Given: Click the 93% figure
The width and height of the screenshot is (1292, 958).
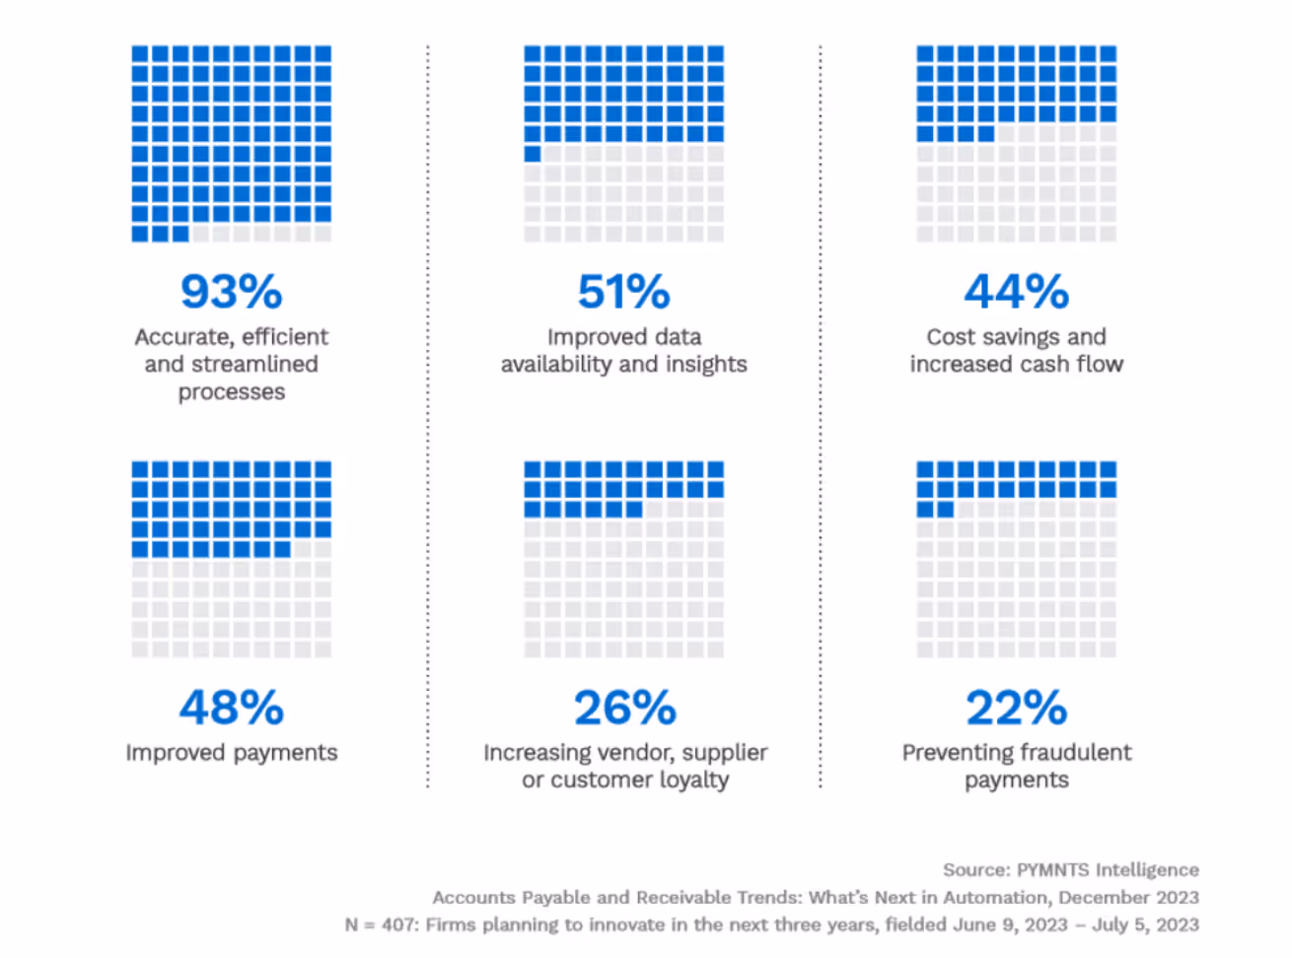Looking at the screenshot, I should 231,291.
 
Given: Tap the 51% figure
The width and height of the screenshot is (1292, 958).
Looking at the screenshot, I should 623,291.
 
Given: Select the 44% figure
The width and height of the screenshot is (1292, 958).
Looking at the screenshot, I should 1016,291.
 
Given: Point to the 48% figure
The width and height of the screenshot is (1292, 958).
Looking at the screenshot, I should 231,707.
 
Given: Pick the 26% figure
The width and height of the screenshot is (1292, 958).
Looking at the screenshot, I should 624,707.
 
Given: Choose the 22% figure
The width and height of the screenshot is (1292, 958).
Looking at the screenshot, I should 1016,707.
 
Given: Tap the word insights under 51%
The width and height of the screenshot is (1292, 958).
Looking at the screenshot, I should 705,364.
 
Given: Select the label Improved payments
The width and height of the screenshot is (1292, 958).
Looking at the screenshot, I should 231,752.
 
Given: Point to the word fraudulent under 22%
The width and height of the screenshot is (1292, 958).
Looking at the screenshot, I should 1068,752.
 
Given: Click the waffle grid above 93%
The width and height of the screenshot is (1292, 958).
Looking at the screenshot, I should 231,143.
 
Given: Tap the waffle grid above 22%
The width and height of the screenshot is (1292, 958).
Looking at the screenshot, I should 1016,559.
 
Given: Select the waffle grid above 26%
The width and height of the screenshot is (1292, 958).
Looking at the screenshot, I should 623,559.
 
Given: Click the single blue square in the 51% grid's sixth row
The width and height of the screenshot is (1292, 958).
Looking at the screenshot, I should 533,154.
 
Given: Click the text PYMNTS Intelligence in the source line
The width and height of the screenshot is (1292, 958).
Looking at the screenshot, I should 1108,869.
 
